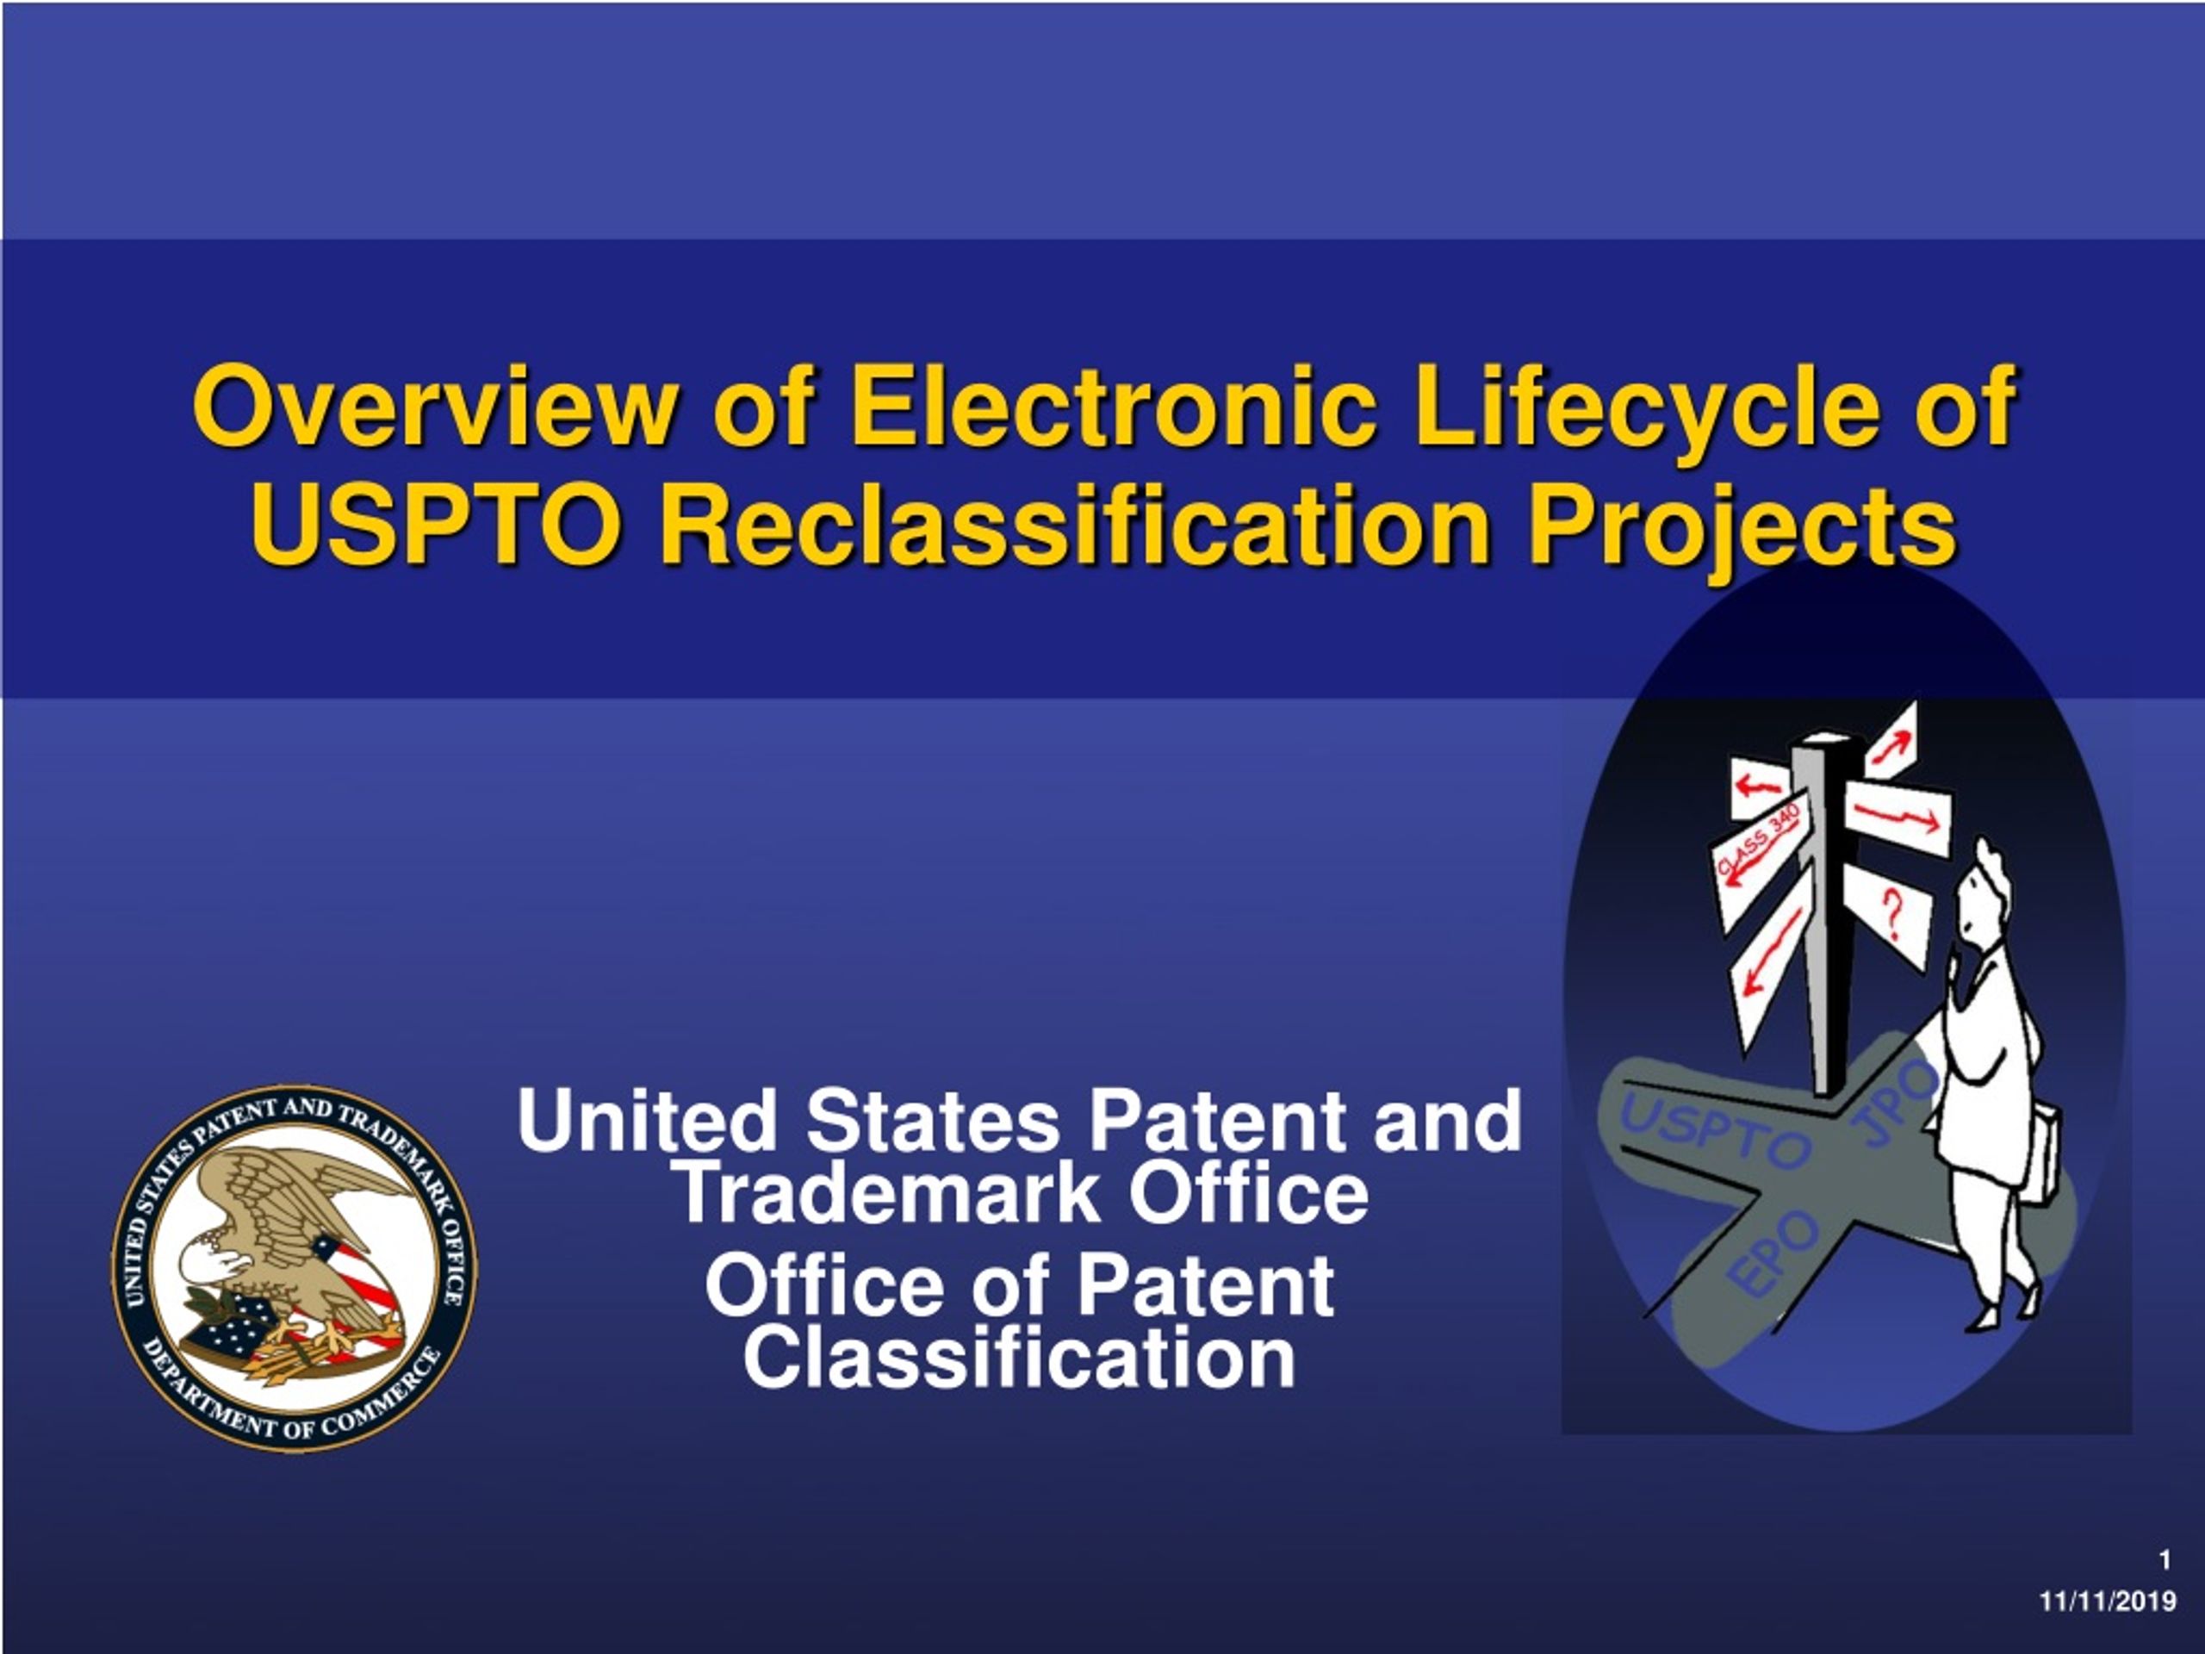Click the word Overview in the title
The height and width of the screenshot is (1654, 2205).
432,407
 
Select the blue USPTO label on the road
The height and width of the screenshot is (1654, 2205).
1716,1134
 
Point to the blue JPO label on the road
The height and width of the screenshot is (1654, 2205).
1894,1102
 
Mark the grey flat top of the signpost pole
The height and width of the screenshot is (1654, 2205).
1825,740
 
